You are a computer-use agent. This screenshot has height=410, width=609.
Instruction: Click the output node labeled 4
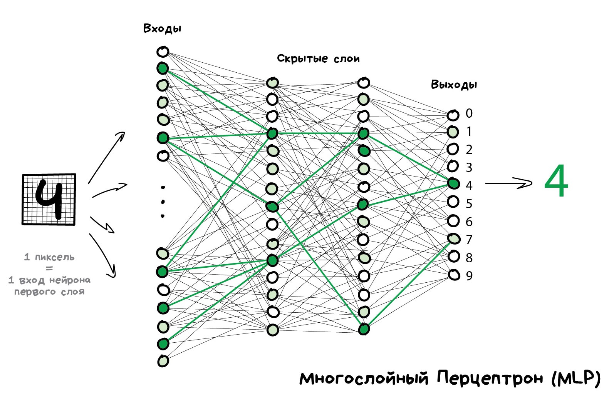pyautogui.click(x=453, y=184)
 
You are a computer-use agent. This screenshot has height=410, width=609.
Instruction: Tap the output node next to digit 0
pyautogui.click(x=453, y=115)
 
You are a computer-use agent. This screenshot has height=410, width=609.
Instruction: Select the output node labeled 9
pyautogui.click(x=454, y=275)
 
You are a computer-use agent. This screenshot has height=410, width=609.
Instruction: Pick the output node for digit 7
pyautogui.click(x=454, y=239)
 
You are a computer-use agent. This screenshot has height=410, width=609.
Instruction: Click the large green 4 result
pyautogui.click(x=556, y=181)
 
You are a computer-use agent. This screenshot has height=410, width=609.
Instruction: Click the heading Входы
pyautogui.click(x=162, y=28)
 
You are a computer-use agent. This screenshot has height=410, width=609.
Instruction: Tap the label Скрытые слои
pyautogui.click(x=318, y=58)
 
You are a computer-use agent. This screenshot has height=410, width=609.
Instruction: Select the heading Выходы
pyautogui.click(x=454, y=85)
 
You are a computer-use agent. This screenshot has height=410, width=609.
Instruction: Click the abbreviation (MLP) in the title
pyautogui.click(x=576, y=378)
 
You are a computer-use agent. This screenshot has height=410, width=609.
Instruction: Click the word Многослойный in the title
pyautogui.click(x=364, y=378)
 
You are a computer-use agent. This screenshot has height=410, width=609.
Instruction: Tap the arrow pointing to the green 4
pyautogui.click(x=509, y=183)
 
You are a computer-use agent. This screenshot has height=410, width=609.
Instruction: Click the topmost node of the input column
pyautogui.click(x=163, y=52)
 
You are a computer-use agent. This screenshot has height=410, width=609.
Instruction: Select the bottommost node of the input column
pyautogui.click(x=163, y=361)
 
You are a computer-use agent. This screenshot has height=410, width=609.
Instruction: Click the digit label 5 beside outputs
pyautogui.click(x=469, y=203)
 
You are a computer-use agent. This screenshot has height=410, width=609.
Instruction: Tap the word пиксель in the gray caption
pyautogui.click(x=55, y=257)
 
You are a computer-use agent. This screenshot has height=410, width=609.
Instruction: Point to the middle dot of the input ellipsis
pyautogui.click(x=163, y=202)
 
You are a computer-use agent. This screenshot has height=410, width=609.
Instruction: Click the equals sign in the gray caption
pyautogui.click(x=49, y=268)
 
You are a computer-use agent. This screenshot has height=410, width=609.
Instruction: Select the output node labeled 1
pyautogui.click(x=453, y=132)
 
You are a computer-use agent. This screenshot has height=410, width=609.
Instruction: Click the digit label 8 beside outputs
pyautogui.click(x=469, y=258)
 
